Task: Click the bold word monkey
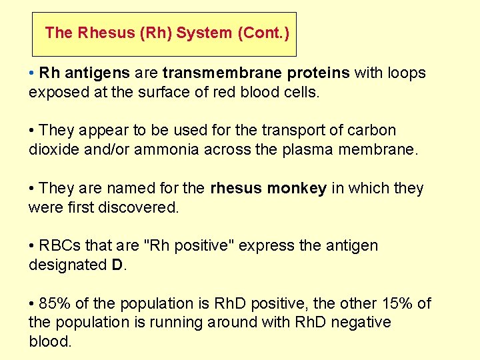coord(297,189)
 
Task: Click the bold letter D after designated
coord(117,265)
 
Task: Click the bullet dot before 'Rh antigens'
coord(32,73)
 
